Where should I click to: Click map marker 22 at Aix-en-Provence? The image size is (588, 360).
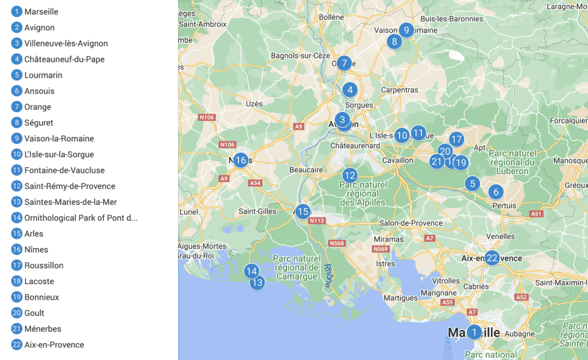point(492,258)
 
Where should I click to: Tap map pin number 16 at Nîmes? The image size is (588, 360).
point(241,160)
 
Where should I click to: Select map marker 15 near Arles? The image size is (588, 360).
point(303,212)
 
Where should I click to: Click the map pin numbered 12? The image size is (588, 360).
point(350,175)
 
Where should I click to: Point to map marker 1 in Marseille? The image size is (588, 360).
point(474,332)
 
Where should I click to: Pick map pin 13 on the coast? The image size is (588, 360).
point(257,282)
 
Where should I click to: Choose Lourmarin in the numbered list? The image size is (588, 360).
point(43,75)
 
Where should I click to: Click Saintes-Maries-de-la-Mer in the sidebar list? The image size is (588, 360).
point(70,202)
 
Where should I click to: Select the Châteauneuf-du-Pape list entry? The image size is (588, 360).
point(64,59)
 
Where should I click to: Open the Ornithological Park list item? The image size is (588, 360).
point(80,218)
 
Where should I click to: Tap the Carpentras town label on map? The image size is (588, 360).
point(400,90)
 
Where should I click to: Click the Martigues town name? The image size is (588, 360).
point(401,298)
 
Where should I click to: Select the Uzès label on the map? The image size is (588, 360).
point(254,104)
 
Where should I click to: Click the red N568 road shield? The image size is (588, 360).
point(337,243)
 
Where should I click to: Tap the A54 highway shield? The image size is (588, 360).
point(256,183)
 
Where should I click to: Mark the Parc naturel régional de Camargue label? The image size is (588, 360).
point(296,268)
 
